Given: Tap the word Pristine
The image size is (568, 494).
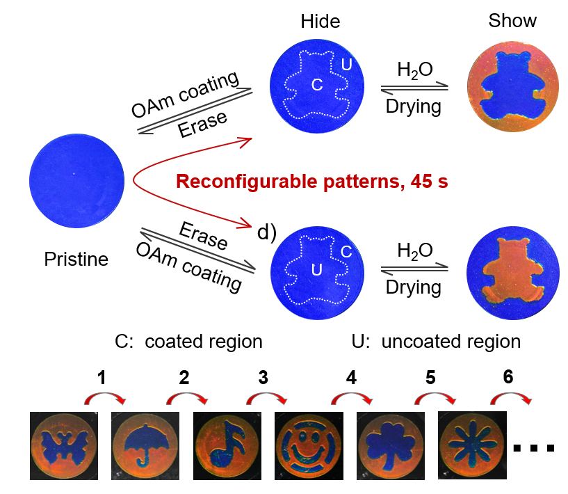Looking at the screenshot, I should (x=76, y=260).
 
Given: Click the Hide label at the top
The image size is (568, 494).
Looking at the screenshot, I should (x=320, y=22).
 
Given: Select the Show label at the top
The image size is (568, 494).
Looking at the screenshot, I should (x=512, y=21).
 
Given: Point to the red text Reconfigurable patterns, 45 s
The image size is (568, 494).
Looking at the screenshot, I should (x=311, y=182).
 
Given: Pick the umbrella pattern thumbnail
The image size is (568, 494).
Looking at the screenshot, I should (x=146, y=445).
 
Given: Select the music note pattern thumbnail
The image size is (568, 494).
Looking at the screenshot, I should (x=227, y=445).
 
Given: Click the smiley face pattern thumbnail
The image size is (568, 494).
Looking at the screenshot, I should (x=309, y=445).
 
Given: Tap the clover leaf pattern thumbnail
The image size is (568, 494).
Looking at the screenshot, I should (x=390, y=445).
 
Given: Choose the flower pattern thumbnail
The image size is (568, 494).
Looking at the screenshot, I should (x=472, y=445).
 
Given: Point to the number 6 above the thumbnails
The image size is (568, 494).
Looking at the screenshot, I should (x=508, y=377).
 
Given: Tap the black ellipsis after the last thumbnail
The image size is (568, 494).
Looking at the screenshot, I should (x=534, y=447).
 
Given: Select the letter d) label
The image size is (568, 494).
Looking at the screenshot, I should (x=267, y=232).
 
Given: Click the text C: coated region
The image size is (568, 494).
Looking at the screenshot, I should (x=189, y=342).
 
